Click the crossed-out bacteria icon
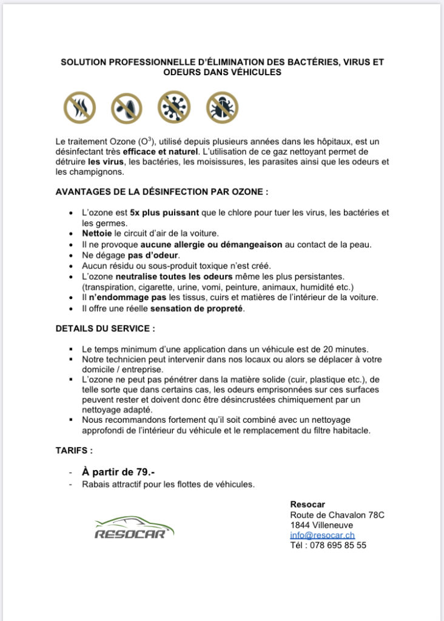click(127, 107)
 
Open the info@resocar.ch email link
click(322, 535)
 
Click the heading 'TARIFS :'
click(74, 451)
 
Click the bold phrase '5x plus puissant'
click(158, 213)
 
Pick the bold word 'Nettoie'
click(97, 233)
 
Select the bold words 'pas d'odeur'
click(150, 255)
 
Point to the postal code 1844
click(300, 525)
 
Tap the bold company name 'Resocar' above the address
click(308, 505)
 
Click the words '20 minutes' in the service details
click(345, 349)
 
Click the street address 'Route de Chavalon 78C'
click(337, 515)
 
